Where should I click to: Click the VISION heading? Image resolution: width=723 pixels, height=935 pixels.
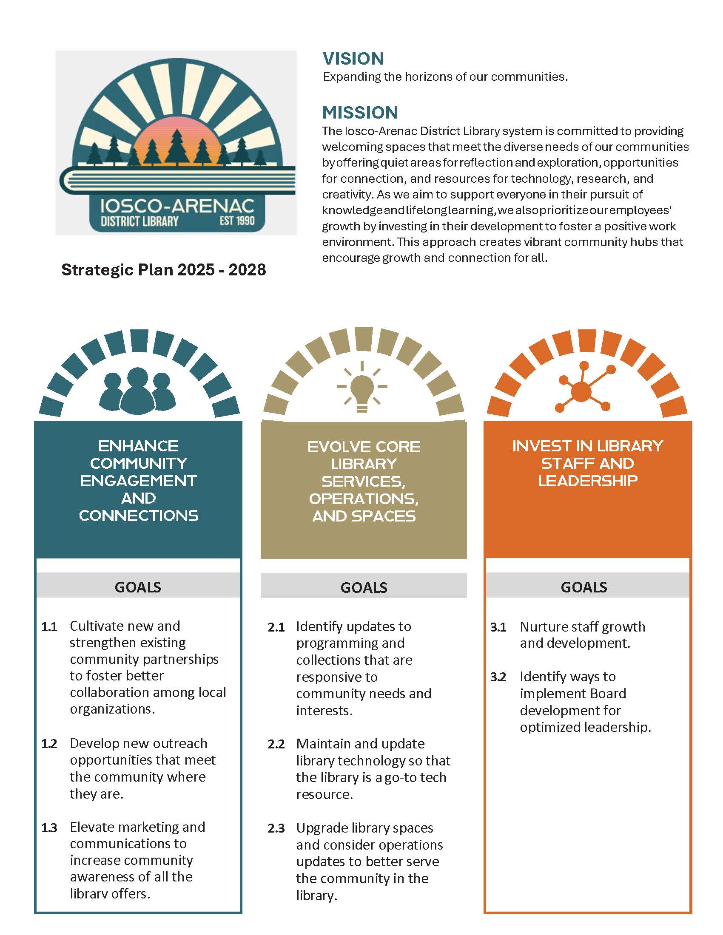[353, 59]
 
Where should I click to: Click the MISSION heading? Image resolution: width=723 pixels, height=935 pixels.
[360, 113]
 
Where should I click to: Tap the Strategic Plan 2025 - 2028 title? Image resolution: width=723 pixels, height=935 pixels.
[164, 270]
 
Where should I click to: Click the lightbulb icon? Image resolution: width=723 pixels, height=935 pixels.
[362, 387]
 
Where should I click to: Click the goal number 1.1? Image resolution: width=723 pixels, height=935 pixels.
[49, 627]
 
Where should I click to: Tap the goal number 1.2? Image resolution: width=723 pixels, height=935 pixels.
[49, 744]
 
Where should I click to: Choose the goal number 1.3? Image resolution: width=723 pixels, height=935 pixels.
[49, 828]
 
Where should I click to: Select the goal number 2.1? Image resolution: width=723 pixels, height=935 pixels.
[276, 628]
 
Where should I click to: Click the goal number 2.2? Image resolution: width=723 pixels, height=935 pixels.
[276, 745]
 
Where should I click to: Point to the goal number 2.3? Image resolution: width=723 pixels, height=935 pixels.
[276, 829]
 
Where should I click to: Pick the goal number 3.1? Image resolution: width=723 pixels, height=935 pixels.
[498, 628]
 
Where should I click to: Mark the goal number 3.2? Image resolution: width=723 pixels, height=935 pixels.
[498, 677]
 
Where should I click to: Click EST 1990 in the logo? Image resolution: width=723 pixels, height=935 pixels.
[237, 221]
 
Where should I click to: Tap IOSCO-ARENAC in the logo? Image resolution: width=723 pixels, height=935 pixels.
[177, 206]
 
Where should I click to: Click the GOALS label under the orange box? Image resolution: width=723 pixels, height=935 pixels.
[584, 587]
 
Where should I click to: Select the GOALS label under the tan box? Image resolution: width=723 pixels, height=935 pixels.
[364, 587]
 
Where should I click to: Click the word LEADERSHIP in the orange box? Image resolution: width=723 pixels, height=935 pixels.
[588, 481]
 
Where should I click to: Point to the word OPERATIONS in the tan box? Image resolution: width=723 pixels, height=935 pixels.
[364, 499]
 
